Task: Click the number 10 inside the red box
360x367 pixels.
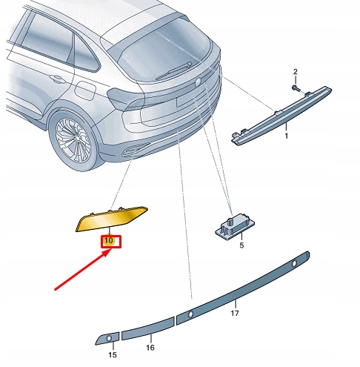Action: (x=108, y=240)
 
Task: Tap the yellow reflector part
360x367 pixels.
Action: (x=112, y=219)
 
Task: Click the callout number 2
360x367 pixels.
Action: (x=295, y=71)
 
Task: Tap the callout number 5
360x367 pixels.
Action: (x=241, y=245)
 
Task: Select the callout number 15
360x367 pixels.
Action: (x=112, y=355)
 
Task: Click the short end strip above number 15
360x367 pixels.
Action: (x=104, y=340)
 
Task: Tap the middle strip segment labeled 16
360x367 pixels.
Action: (x=147, y=328)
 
